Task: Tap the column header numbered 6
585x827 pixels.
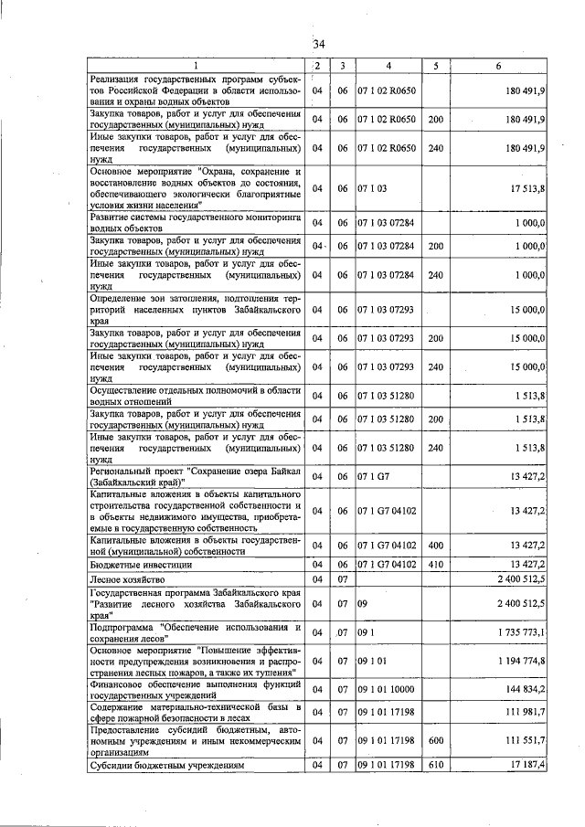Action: (498, 66)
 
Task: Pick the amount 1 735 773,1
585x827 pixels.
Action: (516, 631)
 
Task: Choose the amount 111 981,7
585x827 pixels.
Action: (522, 711)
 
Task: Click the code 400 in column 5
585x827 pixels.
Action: (436, 546)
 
